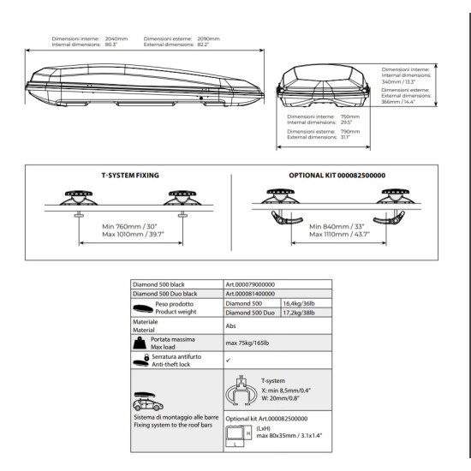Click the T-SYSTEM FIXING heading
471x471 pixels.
coord(130,175)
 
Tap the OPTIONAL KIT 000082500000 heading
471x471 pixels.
coord(337,175)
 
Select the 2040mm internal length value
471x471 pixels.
coord(116,39)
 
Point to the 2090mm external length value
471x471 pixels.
coord(208,39)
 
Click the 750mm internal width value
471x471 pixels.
coord(350,116)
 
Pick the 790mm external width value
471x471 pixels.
coord(350,131)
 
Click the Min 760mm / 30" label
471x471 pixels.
coord(129,226)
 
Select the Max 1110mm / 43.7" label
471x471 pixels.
coord(339,235)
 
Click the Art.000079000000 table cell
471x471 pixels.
coord(250,284)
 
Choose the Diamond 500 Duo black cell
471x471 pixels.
coord(165,294)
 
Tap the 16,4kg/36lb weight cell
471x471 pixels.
coord(299,303)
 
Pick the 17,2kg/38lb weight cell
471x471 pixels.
coord(299,313)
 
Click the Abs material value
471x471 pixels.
coord(230,326)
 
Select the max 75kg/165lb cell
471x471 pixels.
coord(247,343)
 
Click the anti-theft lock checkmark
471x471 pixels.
coord(229,360)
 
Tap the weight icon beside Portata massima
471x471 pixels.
coord(140,343)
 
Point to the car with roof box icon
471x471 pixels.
coord(148,402)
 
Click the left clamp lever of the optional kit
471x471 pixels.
coord(286,218)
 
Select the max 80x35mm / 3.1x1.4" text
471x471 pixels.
coord(289,436)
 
